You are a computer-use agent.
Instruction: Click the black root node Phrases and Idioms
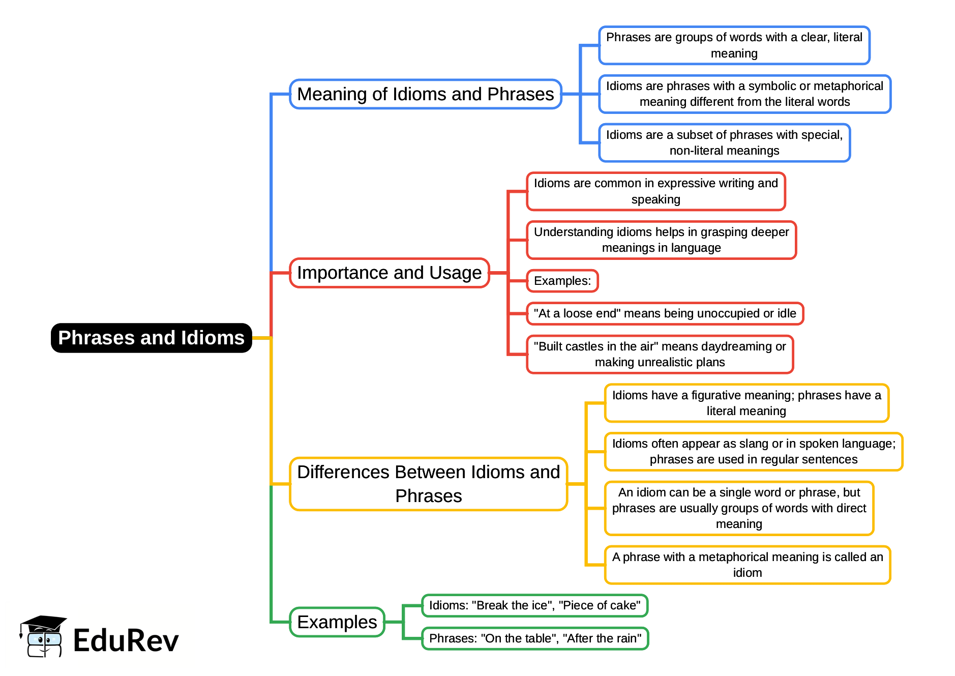[x=151, y=338]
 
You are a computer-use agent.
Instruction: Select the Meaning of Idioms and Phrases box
[x=425, y=94]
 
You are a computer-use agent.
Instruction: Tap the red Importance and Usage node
[x=389, y=273]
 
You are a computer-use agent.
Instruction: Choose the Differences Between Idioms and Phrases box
[x=428, y=484]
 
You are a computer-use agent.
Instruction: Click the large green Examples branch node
[x=337, y=622]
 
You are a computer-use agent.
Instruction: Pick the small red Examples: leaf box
[x=562, y=281]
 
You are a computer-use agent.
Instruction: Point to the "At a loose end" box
[x=665, y=313]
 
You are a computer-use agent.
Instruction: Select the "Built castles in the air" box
[x=660, y=354]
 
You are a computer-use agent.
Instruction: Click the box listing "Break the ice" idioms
[x=534, y=605]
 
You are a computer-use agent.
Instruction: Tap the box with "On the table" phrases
[x=535, y=638]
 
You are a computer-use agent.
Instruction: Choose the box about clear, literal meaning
[x=734, y=45]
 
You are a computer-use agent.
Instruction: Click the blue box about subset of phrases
[x=724, y=142]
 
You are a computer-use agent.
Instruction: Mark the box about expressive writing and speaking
[x=655, y=191]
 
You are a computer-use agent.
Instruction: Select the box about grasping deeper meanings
[x=661, y=240]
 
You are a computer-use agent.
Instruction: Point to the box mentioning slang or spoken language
[x=753, y=451]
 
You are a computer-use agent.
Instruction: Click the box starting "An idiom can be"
[x=739, y=508]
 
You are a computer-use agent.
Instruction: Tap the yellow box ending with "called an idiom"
[x=747, y=565]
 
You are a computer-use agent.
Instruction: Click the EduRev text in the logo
[x=126, y=640]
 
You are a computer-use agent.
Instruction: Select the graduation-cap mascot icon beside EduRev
[x=43, y=636]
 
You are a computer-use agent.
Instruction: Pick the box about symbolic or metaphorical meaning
[x=744, y=94]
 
